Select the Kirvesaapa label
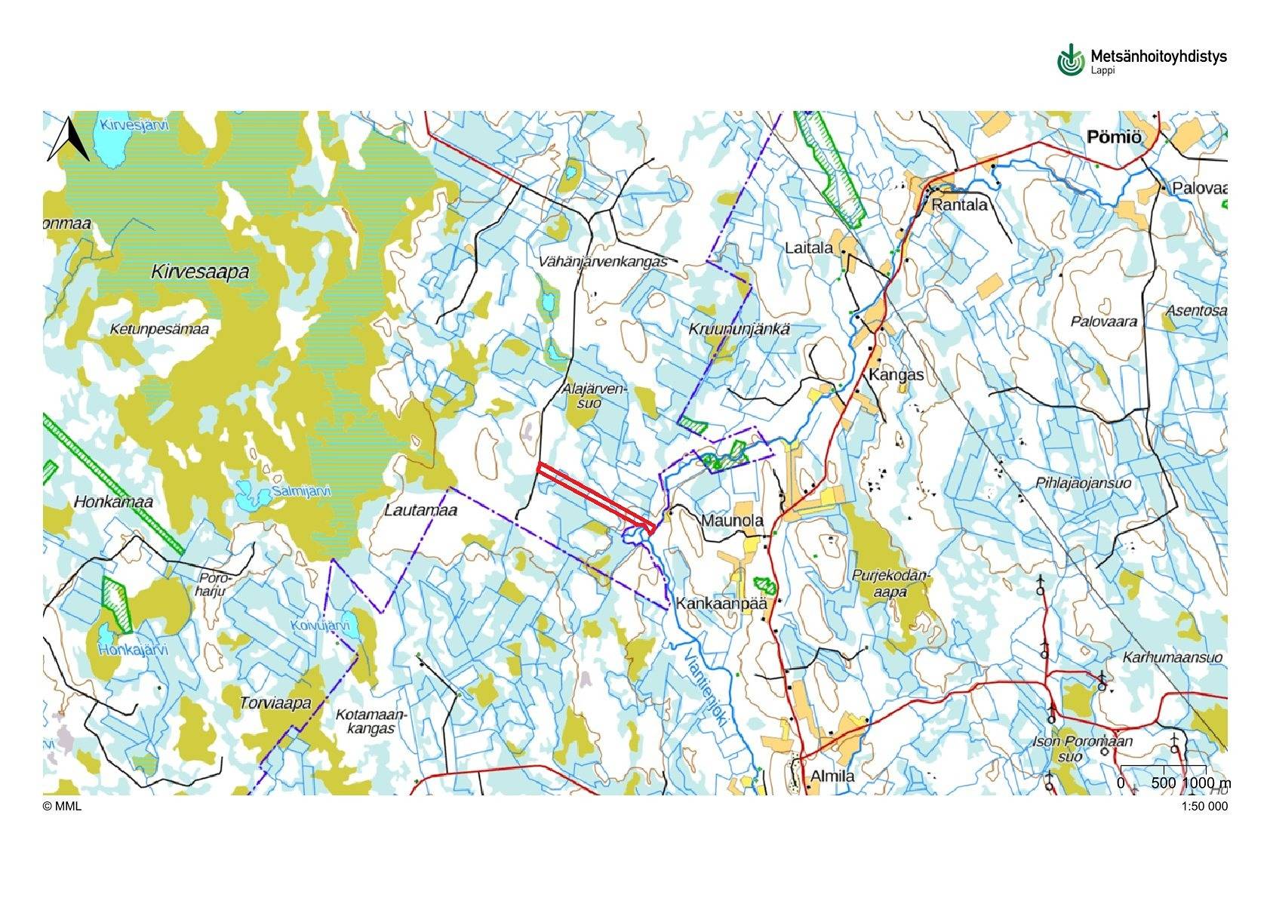[x=200, y=272]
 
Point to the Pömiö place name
[x=1114, y=137]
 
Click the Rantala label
[x=959, y=205]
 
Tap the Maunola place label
[x=732, y=521]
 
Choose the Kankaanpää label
[x=721, y=604]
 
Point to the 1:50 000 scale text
[x=1204, y=806]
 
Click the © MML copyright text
[x=62, y=806]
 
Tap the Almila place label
[x=832, y=776]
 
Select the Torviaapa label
[x=275, y=703]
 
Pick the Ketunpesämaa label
[x=159, y=329]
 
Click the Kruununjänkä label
[x=739, y=329]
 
